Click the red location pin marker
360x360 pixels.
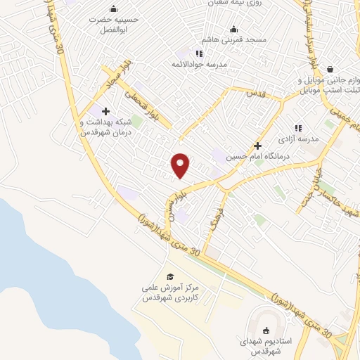[181, 165]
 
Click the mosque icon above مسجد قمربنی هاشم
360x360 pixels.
[234, 29]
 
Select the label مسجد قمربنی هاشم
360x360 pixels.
[236, 40]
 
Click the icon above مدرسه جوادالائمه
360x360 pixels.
[200, 53]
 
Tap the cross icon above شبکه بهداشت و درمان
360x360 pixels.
[105, 111]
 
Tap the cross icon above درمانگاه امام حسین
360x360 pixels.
[258, 146]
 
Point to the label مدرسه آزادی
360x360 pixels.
[300, 139]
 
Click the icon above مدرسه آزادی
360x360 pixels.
[298, 128]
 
